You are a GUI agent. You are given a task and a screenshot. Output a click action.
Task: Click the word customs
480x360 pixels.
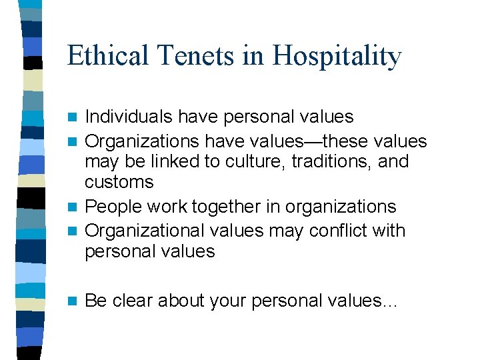(119, 182)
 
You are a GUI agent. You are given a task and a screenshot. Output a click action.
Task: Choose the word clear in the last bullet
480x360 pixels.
(133, 301)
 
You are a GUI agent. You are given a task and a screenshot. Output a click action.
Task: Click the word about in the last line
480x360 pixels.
(181, 301)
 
